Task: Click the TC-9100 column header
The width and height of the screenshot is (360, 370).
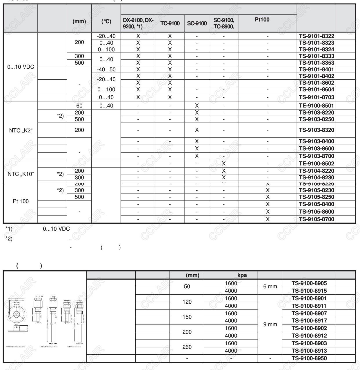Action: pos(170,23)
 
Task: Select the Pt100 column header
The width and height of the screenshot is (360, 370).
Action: pos(262,20)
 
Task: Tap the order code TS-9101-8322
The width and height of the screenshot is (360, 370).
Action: pos(317,36)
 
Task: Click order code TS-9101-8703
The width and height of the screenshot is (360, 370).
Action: pos(317,97)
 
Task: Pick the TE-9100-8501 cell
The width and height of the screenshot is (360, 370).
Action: pos(317,106)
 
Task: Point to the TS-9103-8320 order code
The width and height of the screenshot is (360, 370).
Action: pos(317,130)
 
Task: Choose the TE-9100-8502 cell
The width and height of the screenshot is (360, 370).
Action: pos(317,164)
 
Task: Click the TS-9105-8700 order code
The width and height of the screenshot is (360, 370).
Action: pos(317,219)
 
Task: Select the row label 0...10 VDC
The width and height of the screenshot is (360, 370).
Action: pos(21,67)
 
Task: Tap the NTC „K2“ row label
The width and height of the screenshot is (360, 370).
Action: pos(21,131)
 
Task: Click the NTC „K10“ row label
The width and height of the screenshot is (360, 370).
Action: pos(21,174)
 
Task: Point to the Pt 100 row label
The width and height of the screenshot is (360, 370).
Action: pos(21,201)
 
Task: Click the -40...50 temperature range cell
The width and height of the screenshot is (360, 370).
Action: pos(106,70)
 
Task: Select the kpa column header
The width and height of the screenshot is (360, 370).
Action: pos(242,275)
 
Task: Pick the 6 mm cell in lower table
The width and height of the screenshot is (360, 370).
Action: pos(270,287)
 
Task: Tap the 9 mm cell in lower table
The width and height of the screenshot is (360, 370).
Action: pos(270,325)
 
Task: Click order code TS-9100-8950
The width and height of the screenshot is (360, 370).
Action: pos(309,358)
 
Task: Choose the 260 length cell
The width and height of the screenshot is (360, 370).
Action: pos(187,347)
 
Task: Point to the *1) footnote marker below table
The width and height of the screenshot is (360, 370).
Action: pos(9,229)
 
